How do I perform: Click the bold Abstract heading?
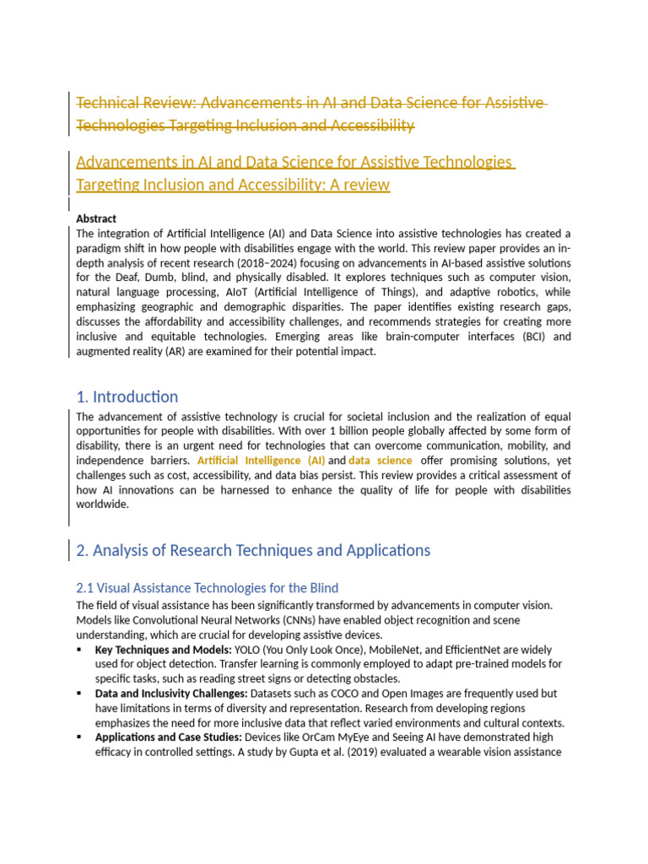pos(96,219)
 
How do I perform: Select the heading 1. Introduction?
pos(127,397)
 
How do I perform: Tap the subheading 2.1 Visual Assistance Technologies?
pos(207,587)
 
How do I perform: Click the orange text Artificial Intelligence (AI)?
pos(261,461)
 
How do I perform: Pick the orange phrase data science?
pos(381,461)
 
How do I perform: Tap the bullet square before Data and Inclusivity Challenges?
pos(79,694)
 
